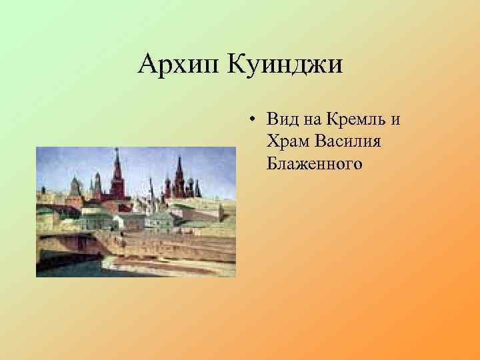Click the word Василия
click(x=347, y=141)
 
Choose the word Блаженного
click(x=314, y=163)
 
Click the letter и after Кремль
click(x=395, y=121)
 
